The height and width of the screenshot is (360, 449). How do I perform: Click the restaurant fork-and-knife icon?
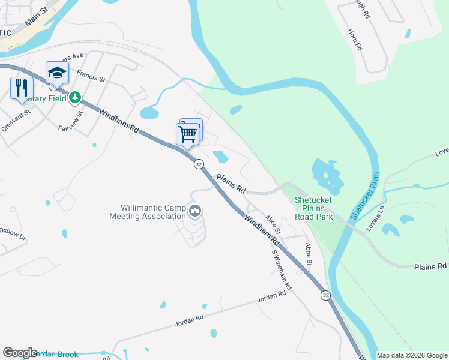[x=20, y=88]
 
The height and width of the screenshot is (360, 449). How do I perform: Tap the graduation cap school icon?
[x=57, y=73]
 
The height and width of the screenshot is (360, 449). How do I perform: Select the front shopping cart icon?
[x=187, y=133]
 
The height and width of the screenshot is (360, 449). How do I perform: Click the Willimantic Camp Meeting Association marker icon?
[x=195, y=211]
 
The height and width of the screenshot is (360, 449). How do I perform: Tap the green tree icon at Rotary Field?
[x=74, y=97]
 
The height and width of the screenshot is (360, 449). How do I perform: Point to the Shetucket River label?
[x=366, y=195]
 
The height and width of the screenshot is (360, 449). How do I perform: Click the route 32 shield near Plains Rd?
[x=199, y=164]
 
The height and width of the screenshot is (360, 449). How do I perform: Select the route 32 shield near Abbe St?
[x=325, y=295]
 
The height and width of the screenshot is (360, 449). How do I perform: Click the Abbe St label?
[x=309, y=254]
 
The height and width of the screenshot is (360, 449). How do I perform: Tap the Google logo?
[x=20, y=353]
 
